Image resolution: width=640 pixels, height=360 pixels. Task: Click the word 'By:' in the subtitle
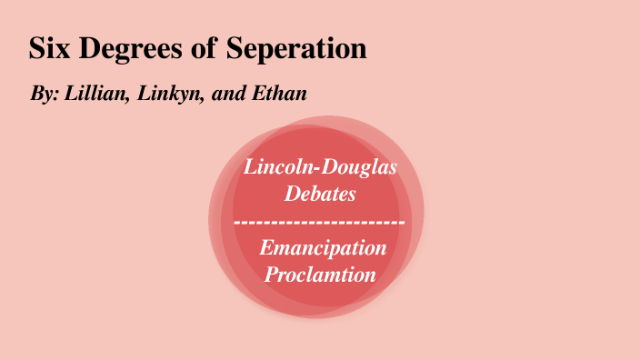point(43,95)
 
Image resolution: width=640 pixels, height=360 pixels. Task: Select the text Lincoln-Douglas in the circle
point(320,168)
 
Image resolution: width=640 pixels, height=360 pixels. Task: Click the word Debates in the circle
point(319,194)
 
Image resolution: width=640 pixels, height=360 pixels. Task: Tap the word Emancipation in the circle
point(323,247)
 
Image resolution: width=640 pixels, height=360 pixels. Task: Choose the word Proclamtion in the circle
point(320,273)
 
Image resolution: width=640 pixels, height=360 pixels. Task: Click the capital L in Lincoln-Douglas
point(249,167)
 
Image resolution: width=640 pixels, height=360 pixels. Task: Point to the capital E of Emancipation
point(265,246)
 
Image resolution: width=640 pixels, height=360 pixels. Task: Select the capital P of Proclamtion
point(270,273)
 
